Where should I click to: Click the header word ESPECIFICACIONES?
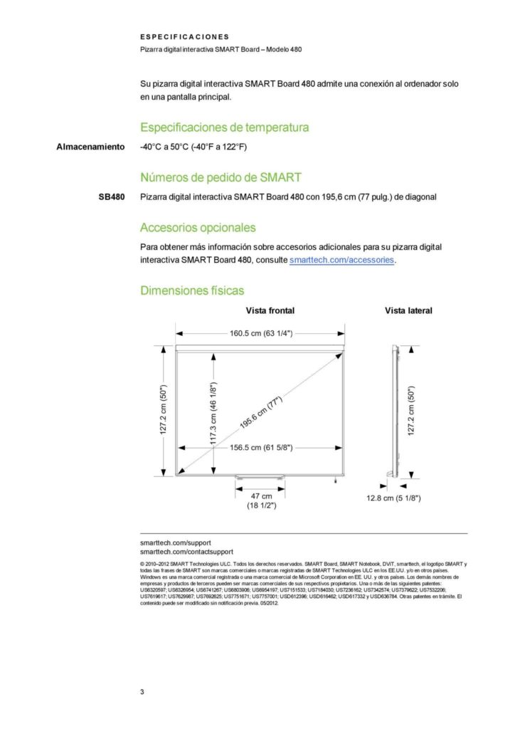pos(184,36)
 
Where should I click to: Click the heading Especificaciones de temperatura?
pos(224,128)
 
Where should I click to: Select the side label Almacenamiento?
pos(90,147)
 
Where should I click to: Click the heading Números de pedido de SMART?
pos(221,177)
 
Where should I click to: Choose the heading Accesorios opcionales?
pos(197,228)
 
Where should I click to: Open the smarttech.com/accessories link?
pos(341,261)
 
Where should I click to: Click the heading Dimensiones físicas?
pos(192,290)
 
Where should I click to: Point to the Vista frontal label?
pos(270,310)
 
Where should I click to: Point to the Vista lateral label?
pos(408,310)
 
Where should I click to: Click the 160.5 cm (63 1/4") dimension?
pos(261,332)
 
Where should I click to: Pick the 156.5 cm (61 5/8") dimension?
pos(261,448)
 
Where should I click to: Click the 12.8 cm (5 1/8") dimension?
pos(393,498)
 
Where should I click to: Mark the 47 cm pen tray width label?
pos(261,495)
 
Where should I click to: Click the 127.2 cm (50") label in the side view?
pos(410,412)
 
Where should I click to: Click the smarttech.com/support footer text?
pos(175,542)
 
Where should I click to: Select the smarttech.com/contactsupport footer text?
pos(186,552)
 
